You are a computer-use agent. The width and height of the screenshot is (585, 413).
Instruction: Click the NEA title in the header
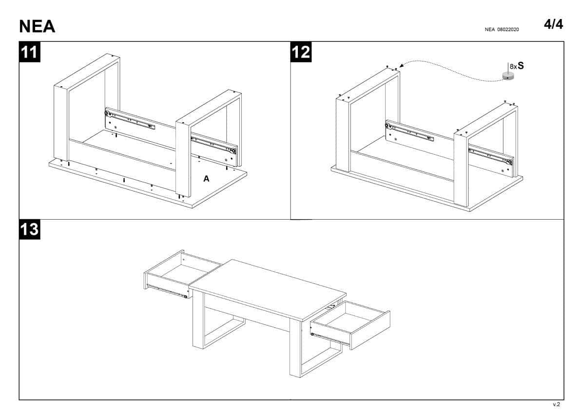tap(37, 26)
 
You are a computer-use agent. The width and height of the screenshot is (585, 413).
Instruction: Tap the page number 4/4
tap(553, 24)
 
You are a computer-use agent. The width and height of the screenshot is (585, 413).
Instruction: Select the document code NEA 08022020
tap(502, 30)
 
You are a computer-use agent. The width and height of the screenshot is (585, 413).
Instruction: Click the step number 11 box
tap(30, 52)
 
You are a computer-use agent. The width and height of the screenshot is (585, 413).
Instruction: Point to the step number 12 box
tap(301, 52)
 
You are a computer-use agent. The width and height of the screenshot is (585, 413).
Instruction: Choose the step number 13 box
tap(30, 229)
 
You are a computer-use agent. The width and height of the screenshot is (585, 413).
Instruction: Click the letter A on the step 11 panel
tap(206, 179)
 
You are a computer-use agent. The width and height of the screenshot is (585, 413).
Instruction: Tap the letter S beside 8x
tap(521, 65)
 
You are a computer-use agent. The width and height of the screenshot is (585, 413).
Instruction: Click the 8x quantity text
tap(513, 67)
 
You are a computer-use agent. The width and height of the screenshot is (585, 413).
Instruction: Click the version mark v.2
tap(556, 404)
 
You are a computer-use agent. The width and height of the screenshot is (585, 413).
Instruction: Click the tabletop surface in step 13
tap(268, 289)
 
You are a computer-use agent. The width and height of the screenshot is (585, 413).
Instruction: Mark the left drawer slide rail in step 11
tap(130, 120)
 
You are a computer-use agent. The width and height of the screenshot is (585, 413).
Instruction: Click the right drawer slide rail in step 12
tap(490, 156)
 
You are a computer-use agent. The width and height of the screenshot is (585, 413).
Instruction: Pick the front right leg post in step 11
tap(183, 158)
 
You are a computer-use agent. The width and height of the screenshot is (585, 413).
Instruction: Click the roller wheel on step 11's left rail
tap(107, 113)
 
